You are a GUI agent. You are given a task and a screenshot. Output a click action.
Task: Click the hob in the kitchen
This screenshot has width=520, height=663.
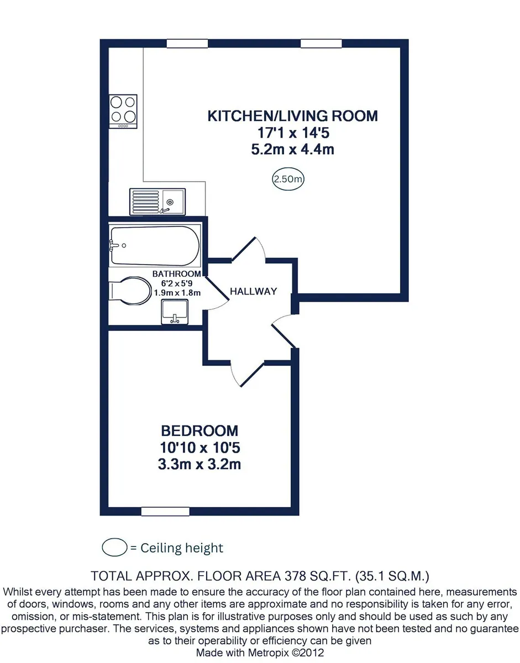[123, 112]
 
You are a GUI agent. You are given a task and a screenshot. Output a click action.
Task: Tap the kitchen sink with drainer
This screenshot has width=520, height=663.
[157, 202]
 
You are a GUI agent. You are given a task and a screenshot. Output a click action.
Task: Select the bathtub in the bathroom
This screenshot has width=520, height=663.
[155, 246]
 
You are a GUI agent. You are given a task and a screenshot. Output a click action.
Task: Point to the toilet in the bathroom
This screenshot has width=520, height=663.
[130, 291]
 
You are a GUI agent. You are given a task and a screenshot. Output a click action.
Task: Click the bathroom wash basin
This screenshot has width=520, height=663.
[175, 312]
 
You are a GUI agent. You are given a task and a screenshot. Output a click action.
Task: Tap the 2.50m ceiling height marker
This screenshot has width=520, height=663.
[288, 179]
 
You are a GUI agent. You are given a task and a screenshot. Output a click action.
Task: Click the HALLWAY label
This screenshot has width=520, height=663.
[253, 291]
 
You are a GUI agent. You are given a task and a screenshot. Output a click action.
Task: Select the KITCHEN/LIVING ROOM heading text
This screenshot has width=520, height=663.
[293, 116]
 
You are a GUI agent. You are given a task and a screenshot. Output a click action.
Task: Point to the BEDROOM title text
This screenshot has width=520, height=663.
[199, 431]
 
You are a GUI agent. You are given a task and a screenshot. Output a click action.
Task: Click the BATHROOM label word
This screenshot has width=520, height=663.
[177, 273]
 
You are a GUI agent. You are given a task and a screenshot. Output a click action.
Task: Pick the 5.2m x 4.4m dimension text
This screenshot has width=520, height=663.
[293, 150]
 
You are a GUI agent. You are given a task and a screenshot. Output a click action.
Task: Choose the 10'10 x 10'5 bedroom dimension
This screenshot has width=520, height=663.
[200, 448]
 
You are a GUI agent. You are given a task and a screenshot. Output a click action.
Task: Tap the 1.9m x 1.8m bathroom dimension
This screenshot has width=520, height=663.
[177, 293]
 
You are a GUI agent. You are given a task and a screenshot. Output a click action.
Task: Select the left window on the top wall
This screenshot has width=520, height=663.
[187, 43]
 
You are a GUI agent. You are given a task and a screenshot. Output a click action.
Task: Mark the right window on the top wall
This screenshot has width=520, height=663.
[321, 43]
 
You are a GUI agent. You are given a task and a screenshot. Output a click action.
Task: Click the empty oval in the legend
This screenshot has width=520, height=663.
[114, 548]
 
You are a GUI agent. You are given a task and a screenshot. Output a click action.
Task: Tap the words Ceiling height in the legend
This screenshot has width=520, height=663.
[182, 548]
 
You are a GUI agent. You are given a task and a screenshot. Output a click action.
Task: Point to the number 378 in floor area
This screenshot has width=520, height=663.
[295, 576]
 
